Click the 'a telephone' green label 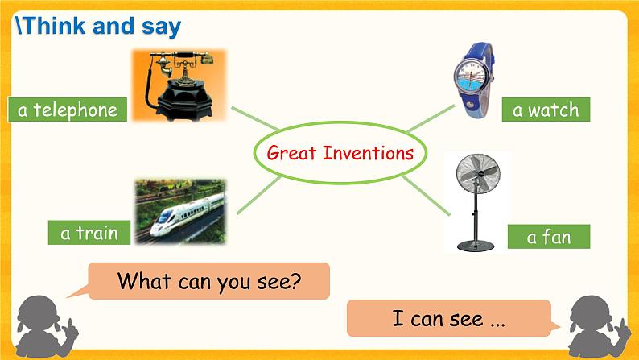click(67, 110)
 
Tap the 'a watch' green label click(545, 110)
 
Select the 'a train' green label click(89, 234)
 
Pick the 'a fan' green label click(548, 236)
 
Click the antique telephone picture click(179, 85)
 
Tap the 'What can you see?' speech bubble click(208, 281)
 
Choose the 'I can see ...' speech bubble click(448, 318)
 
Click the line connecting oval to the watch click(431, 118)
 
